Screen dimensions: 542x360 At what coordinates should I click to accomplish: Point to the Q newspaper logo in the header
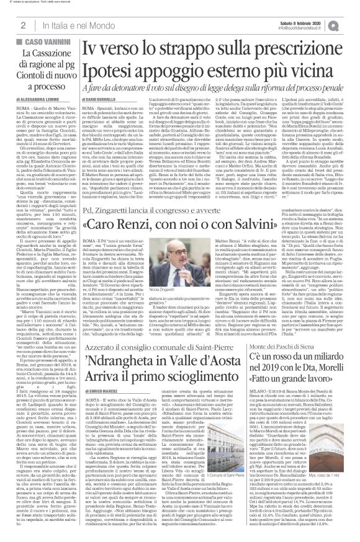(x=351, y=25)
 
